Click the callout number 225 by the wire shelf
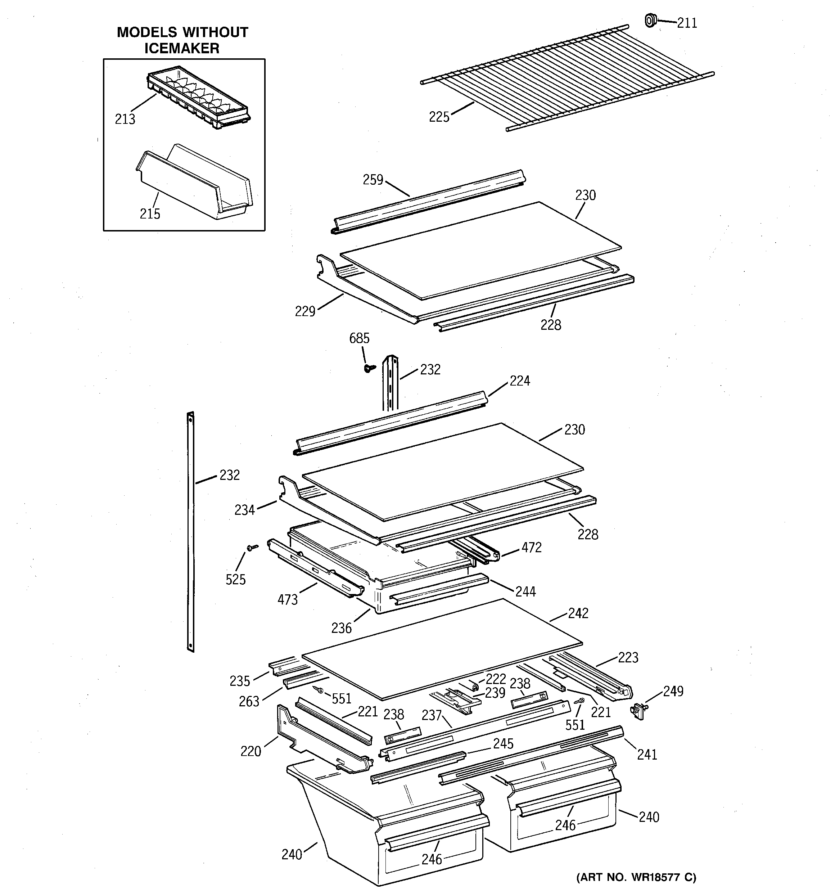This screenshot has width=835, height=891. coord(439,117)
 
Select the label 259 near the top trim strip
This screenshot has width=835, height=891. coord(373,180)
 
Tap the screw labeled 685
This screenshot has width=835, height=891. coord(370,368)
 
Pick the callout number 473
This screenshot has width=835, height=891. coord(287,599)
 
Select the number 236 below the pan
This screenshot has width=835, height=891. coord(341,628)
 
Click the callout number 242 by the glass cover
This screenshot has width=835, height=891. coord(578,613)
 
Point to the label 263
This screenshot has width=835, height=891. coord(249,701)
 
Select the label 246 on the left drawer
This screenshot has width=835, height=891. coord(432,859)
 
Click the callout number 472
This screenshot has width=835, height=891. coord(531,547)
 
